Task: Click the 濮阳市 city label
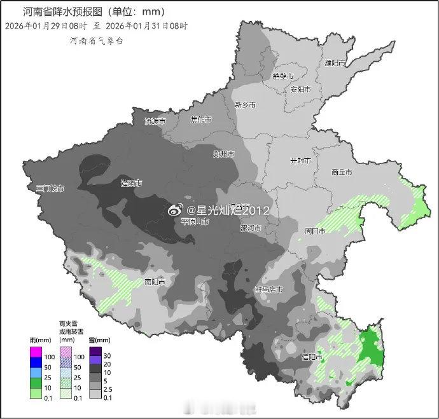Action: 335,63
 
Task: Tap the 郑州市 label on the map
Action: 224,155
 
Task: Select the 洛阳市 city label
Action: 132,183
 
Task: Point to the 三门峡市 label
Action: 50,188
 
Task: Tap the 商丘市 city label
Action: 343,172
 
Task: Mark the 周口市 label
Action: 314,231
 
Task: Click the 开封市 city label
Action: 300,161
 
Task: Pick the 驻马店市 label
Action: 269,289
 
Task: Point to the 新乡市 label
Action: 245,105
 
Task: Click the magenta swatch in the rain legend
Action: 36,352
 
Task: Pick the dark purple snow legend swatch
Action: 95,352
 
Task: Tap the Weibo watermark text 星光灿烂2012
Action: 229,210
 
